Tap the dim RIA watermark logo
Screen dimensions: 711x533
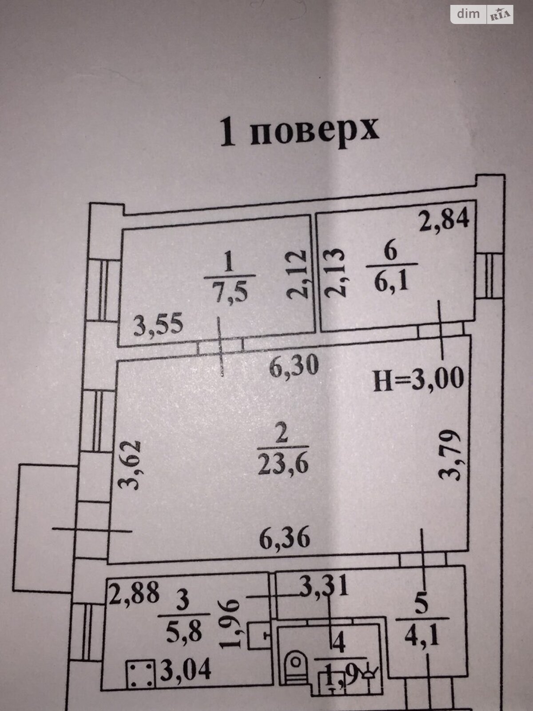coord(482,14)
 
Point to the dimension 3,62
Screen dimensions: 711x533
coord(131,464)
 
